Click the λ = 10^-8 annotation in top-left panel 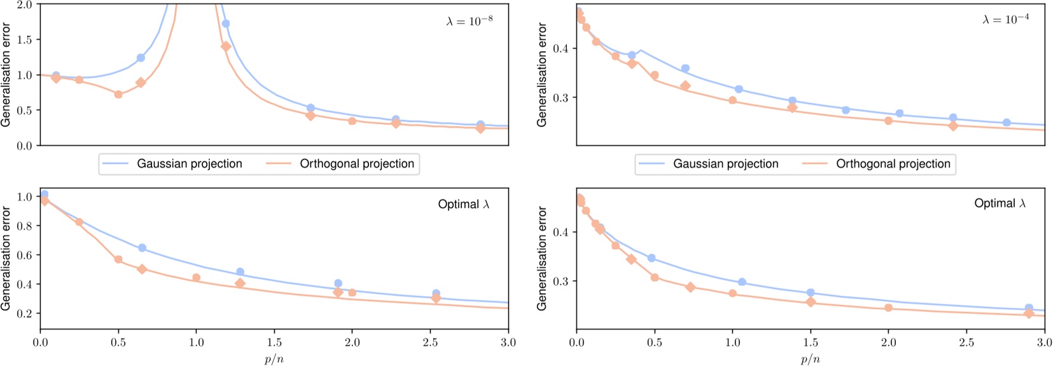(x=469, y=21)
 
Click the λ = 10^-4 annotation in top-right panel (x=1005, y=20)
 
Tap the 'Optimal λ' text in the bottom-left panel (x=464, y=205)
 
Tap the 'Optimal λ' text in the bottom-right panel (x=1000, y=203)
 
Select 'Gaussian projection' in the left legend (x=190, y=164)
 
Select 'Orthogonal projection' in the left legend (x=357, y=164)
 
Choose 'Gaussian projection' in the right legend (x=726, y=164)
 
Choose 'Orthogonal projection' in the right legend (x=893, y=164)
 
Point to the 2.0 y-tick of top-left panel (x=24, y=5)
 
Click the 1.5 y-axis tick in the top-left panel (x=24, y=40)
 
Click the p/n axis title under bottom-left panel (x=274, y=359)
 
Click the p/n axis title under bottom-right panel (x=811, y=359)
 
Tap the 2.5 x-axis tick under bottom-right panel (x=966, y=343)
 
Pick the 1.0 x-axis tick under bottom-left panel (x=197, y=343)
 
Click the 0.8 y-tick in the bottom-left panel (x=24, y=226)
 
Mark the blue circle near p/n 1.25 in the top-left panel (x=225, y=24)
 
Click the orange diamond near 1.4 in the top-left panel (x=226, y=46)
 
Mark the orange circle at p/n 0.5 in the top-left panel (x=118, y=94)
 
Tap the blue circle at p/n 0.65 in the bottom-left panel (x=142, y=248)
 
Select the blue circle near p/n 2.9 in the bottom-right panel (x=1029, y=308)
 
